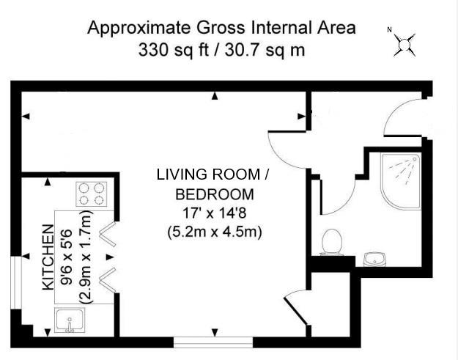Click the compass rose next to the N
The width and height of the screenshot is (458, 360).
[x=405, y=45]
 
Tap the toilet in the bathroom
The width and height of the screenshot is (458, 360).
[x=331, y=242]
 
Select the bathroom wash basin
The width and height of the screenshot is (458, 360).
[x=375, y=260]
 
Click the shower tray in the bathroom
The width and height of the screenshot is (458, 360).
[x=401, y=181]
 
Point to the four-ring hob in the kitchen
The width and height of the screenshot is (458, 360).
[x=92, y=194]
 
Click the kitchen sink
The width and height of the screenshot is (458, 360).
[x=70, y=320]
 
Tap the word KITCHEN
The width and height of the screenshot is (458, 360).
[x=48, y=257]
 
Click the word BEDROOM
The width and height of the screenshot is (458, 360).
[x=215, y=194]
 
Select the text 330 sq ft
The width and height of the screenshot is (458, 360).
[x=174, y=50]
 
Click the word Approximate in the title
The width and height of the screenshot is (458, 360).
[x=140, y=28]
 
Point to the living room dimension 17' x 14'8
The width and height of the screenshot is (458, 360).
[x=215, y=213]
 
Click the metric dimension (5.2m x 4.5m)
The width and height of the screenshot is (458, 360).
[x=215, y=232]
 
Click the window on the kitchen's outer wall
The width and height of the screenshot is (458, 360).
[x=16, y=283]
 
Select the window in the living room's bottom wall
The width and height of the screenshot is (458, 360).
[x=213, y=342]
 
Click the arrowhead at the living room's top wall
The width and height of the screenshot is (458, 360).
[x=215, y=96]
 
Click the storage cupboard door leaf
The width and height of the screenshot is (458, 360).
[x=295, y=311]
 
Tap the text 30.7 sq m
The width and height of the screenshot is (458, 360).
[x=265, y=50]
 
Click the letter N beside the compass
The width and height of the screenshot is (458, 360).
[x=389, y=29]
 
